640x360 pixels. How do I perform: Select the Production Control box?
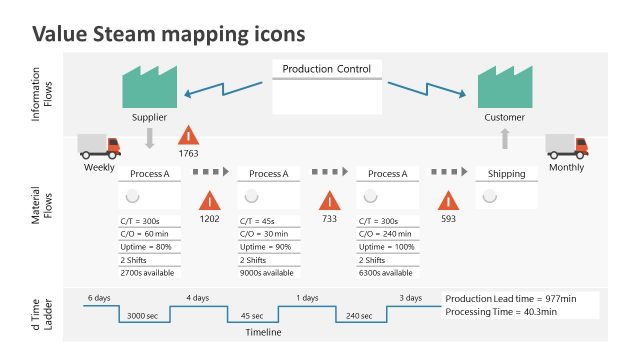pyautogui.click(x=326, y=86)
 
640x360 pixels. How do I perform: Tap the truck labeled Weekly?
pyautogui.click(x=99, y=147)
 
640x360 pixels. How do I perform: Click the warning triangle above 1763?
pyautogui.click(x=188, y=136)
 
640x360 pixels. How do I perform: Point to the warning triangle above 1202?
pyautogui.click(x=209, y=200)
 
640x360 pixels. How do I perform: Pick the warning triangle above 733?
pyautogui.click(x=329, y=200)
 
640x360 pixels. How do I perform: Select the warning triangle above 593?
pyautogui.click(x=448, y=200)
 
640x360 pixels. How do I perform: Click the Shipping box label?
pyautogui.click(x=506, y=173)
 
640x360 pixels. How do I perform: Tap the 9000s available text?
pyautogui.click(x=267, y=272)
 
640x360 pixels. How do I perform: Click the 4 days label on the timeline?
pyautogui.click(x=198, y=298)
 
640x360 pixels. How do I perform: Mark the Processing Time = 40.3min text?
pyautogui.click(x=500, y=312)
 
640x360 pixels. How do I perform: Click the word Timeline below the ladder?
pyautogui.click(x=264, y=332)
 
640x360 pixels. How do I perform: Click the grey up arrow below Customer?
pyautogui.click(x=505, y=137)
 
